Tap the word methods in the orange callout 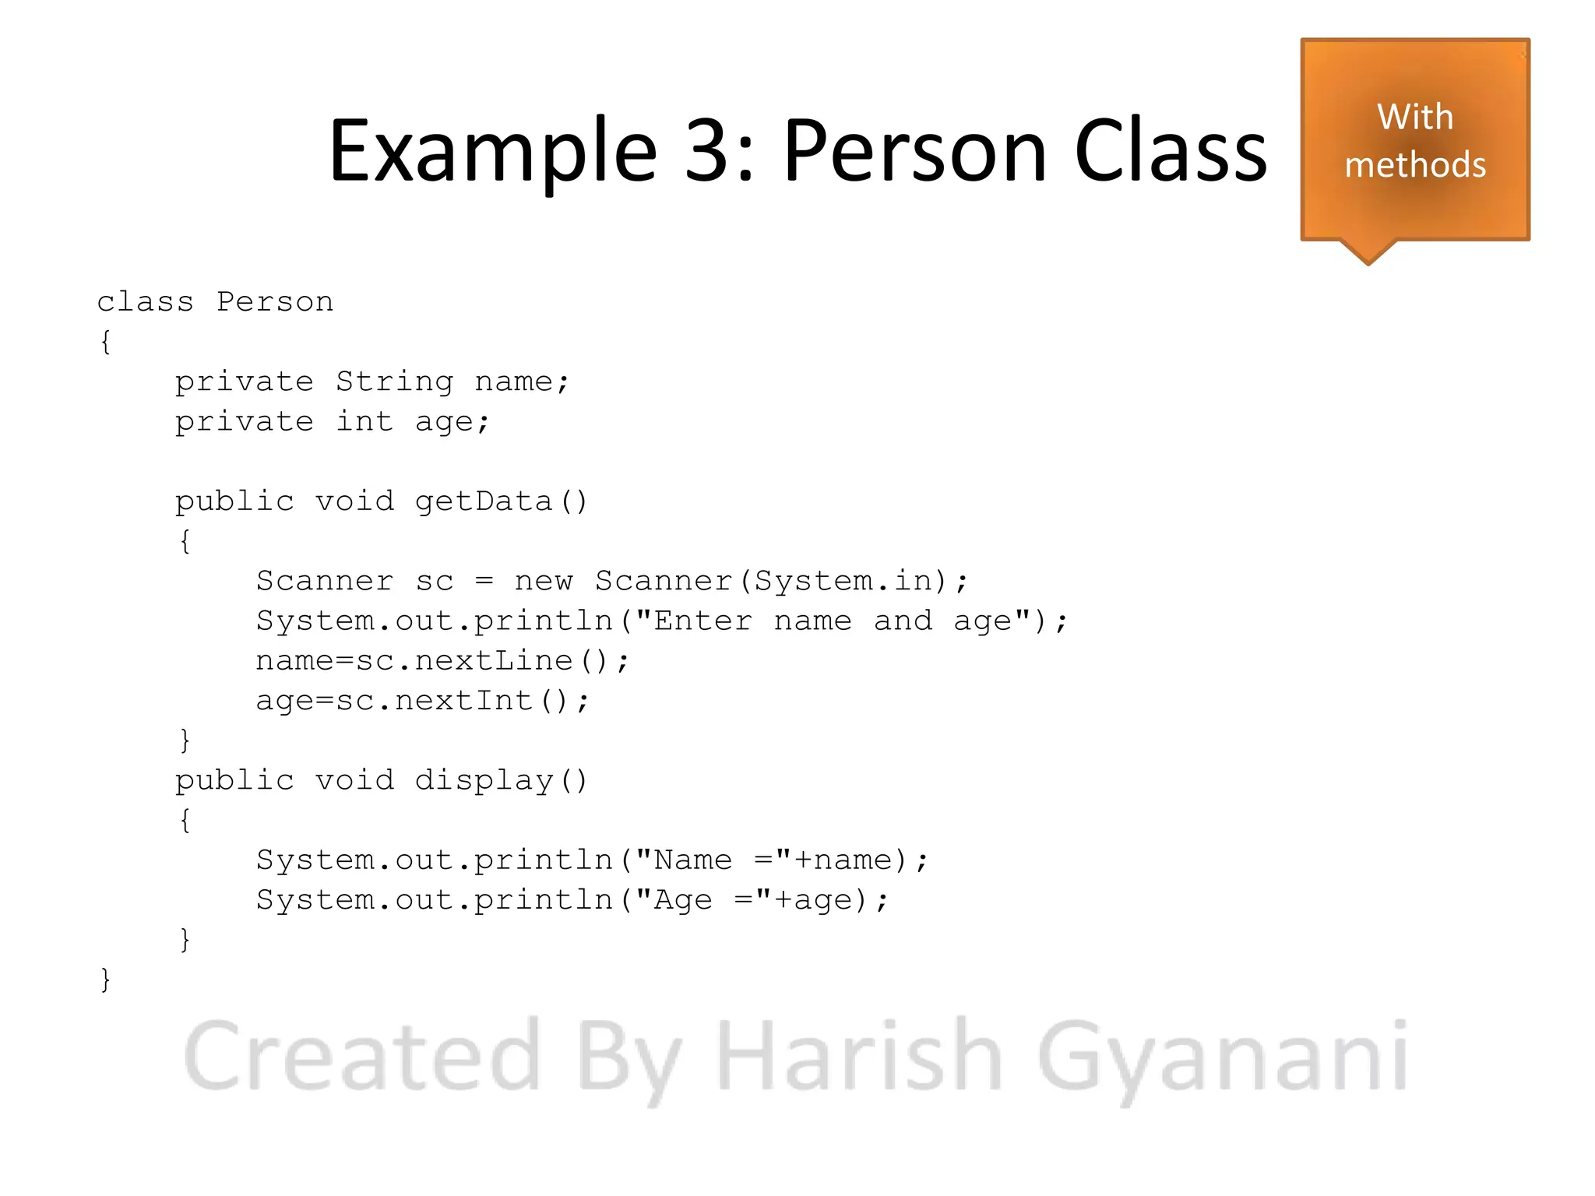click(1415, 165)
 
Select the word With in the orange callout click(1415, 118)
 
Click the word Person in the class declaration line click(275, 302)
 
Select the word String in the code click(394, 382)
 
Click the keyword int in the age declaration click(364, 421)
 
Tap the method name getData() click(501, 501)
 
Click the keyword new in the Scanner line click(544, 581)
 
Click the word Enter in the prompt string click(702, 621)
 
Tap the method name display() click(501, 781)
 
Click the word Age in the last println click(683, 901)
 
